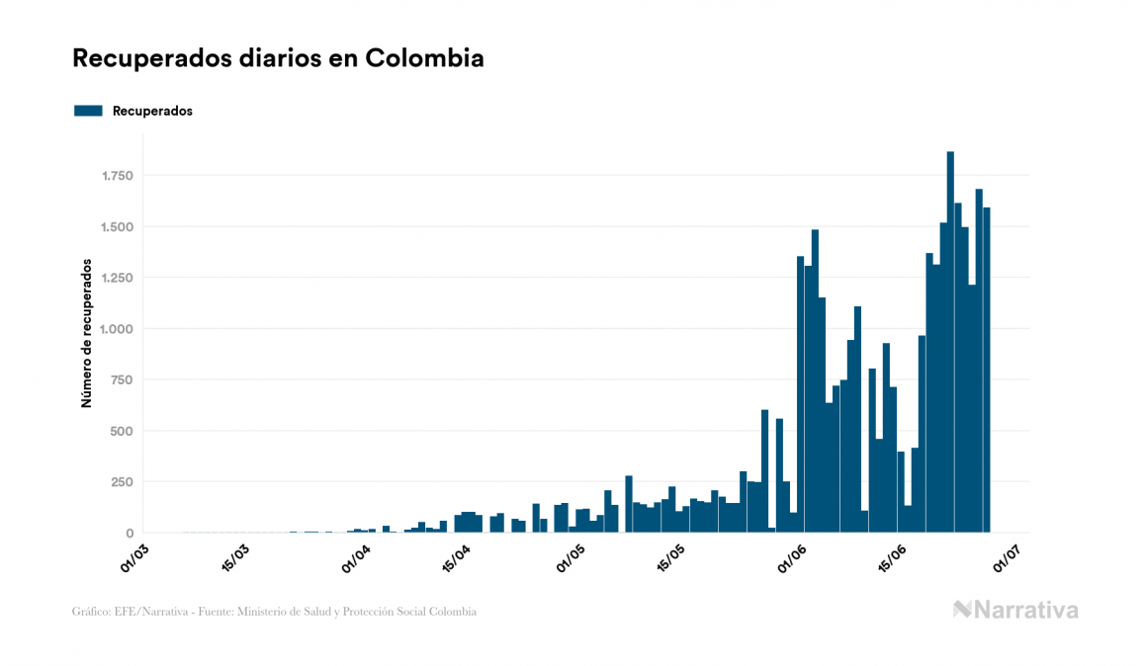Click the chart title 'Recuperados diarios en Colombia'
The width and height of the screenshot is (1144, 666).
pos(278,58)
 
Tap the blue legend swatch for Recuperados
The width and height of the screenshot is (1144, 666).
pos(88,111)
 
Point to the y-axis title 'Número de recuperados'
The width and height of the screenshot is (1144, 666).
pos(87,334)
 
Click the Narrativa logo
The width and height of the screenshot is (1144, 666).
pos(1015,610)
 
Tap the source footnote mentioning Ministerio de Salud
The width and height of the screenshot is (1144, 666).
pos(274,612)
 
